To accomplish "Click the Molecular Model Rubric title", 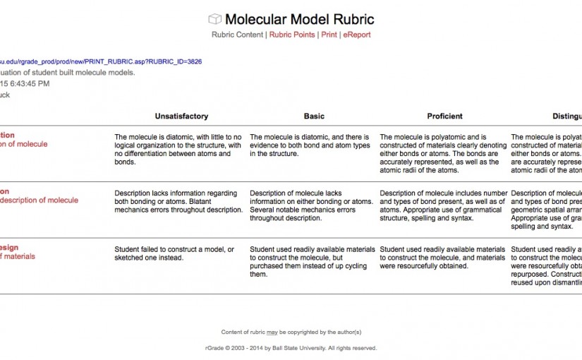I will tap(299, 19).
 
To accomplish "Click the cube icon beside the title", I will tap(214, 19).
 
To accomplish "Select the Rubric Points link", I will tap(292, 35).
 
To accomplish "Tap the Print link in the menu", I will tap(329, 35).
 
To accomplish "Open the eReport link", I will tap(356, 35).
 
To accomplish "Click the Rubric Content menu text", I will tap(237, 35).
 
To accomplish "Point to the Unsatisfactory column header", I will tap(181, 116).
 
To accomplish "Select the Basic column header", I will tap(314, 116).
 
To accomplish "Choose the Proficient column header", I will tap(444, 116).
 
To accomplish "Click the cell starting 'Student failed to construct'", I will tap(174, 253).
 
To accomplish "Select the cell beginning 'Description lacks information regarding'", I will tap(178, 201).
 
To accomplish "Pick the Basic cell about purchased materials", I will tap(313, 261).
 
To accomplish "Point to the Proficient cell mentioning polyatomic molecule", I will tap(443, 153).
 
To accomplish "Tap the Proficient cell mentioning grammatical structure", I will tap(443, 205).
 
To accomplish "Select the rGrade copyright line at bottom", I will tap(291, 348).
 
